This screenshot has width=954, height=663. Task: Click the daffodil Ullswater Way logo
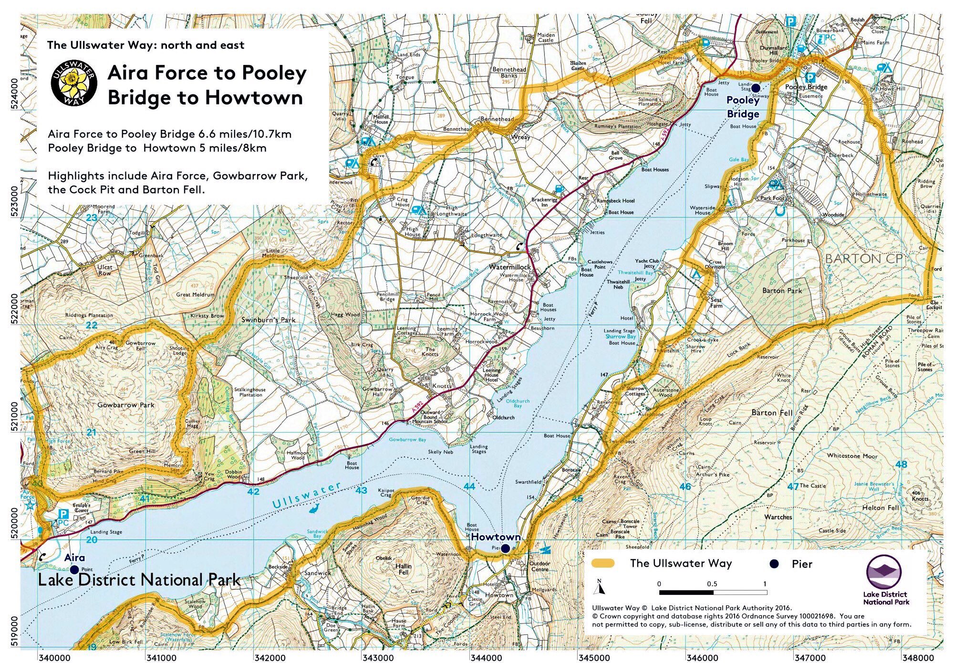74,83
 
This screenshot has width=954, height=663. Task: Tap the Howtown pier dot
505,548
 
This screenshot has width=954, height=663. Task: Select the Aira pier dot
74,569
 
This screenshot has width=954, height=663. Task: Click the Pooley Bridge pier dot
756,87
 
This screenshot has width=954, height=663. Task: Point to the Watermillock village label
509,267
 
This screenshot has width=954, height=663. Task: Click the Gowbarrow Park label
126,405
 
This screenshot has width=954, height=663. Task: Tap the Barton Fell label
772,413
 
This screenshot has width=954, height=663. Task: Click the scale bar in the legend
713,592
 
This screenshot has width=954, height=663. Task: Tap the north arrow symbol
599,588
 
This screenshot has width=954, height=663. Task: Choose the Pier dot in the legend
774,564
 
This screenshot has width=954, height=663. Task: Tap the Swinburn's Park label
269,320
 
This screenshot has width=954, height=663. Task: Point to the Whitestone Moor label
852,456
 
